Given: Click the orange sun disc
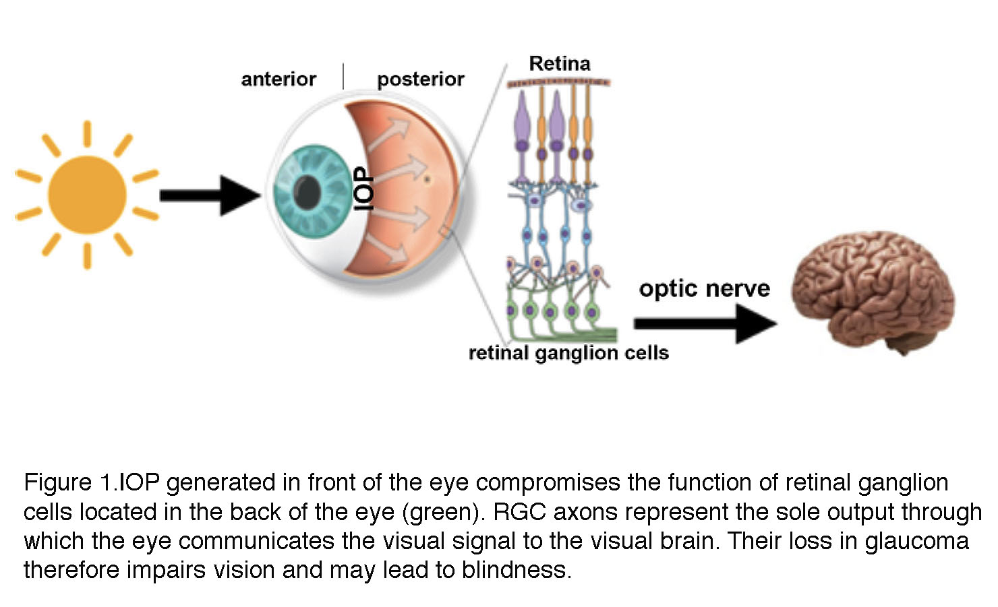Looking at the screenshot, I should pyautogui.click(x=88, y=195).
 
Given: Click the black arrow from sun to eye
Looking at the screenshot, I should pyautogui.click(x=209, y=195).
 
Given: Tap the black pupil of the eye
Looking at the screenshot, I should pyautogui.click(x=308, y=191).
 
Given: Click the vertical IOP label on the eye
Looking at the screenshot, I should pyautogui.click(x=364, y=189).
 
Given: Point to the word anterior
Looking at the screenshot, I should pyautogui.click(x=278, y=79).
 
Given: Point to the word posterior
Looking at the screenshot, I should pyautogui.click(x=420, y=79).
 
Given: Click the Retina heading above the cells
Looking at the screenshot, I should pyautogui.click(x=559, y=64).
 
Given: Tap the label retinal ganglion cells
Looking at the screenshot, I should pyautogui.click(x=568, y=353).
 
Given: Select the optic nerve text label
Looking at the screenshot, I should pyautogui.click(x=704, y=288).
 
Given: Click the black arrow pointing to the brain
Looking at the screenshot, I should pyautogui.click(x=705, y=323).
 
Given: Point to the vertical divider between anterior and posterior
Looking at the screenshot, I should pyautogui.click(x=343, y=76).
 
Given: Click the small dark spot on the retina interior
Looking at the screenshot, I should pyautogui.click(x=426, y=179).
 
